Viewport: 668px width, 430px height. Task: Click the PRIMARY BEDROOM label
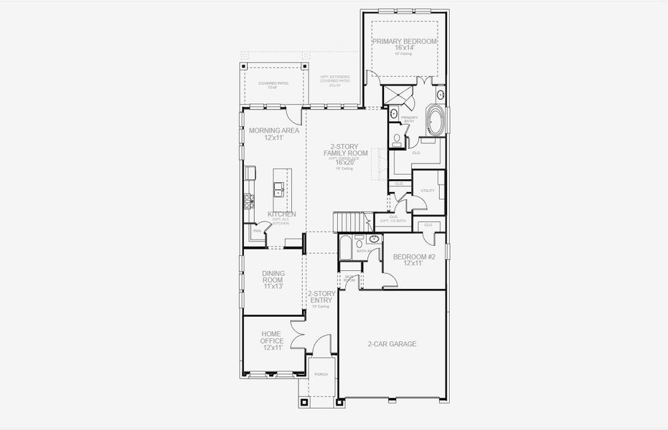[404, 42]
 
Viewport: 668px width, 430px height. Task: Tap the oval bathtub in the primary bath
[436, 120]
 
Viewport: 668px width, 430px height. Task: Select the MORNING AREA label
[274, 130]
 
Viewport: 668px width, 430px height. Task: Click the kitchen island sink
[278, 189]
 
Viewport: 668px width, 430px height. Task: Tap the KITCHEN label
[281, 214]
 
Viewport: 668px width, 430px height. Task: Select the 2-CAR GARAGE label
[392, 344]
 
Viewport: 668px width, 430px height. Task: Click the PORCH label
[321, 373]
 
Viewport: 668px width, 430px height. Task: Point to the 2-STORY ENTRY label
[321, 297]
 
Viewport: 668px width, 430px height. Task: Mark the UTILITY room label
[428, 191]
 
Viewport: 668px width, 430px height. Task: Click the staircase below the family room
[352, 222]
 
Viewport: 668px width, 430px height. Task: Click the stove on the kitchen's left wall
[249, 201]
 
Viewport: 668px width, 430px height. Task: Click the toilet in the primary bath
[396, 138]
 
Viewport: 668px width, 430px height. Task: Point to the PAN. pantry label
[256, 231]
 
